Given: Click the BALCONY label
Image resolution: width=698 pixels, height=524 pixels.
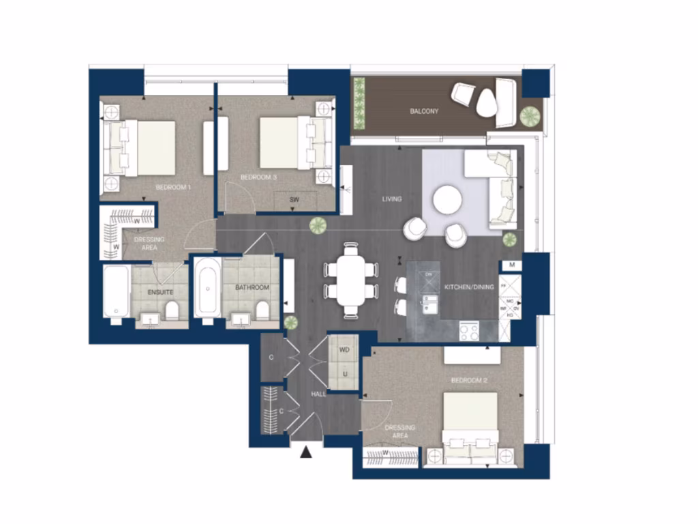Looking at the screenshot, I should tap(423, 111).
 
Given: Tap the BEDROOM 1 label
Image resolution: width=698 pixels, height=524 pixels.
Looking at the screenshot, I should tap(173, 187).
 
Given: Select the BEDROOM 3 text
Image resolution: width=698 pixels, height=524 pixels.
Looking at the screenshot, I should tap(258, 177).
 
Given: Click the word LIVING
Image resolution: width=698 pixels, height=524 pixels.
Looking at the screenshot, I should tap(391, 199).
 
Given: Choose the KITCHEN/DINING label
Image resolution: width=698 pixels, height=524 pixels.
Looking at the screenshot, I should tap(469, 287).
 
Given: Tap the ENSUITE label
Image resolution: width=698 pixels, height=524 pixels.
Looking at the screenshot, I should tap(160, 292).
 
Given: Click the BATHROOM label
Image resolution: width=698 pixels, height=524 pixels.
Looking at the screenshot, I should tap(252, 288).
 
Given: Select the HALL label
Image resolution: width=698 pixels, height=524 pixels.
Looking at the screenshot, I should tap(318, 394).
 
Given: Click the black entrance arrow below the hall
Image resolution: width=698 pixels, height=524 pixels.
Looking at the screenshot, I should tap(306, 450).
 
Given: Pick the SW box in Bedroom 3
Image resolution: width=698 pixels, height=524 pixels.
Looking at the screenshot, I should tap(294, 200).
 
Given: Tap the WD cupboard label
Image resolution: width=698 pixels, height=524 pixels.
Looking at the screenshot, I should tap(344, 350).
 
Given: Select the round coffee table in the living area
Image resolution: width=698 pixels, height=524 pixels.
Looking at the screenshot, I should tap(447, 200).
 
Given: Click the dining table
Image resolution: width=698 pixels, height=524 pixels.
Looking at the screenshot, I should tap(352, 280).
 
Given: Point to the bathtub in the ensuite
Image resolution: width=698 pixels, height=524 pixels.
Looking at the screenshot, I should tap(116, 292).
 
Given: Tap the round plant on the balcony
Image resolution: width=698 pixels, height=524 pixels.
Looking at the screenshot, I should tap(529, 116).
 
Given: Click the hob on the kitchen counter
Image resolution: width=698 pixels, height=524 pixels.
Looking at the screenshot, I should tap(469, 332).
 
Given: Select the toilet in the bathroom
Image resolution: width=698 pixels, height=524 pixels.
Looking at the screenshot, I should tap(262, 310).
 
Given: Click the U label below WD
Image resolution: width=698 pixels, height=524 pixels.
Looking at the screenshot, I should tap(345, 374).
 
